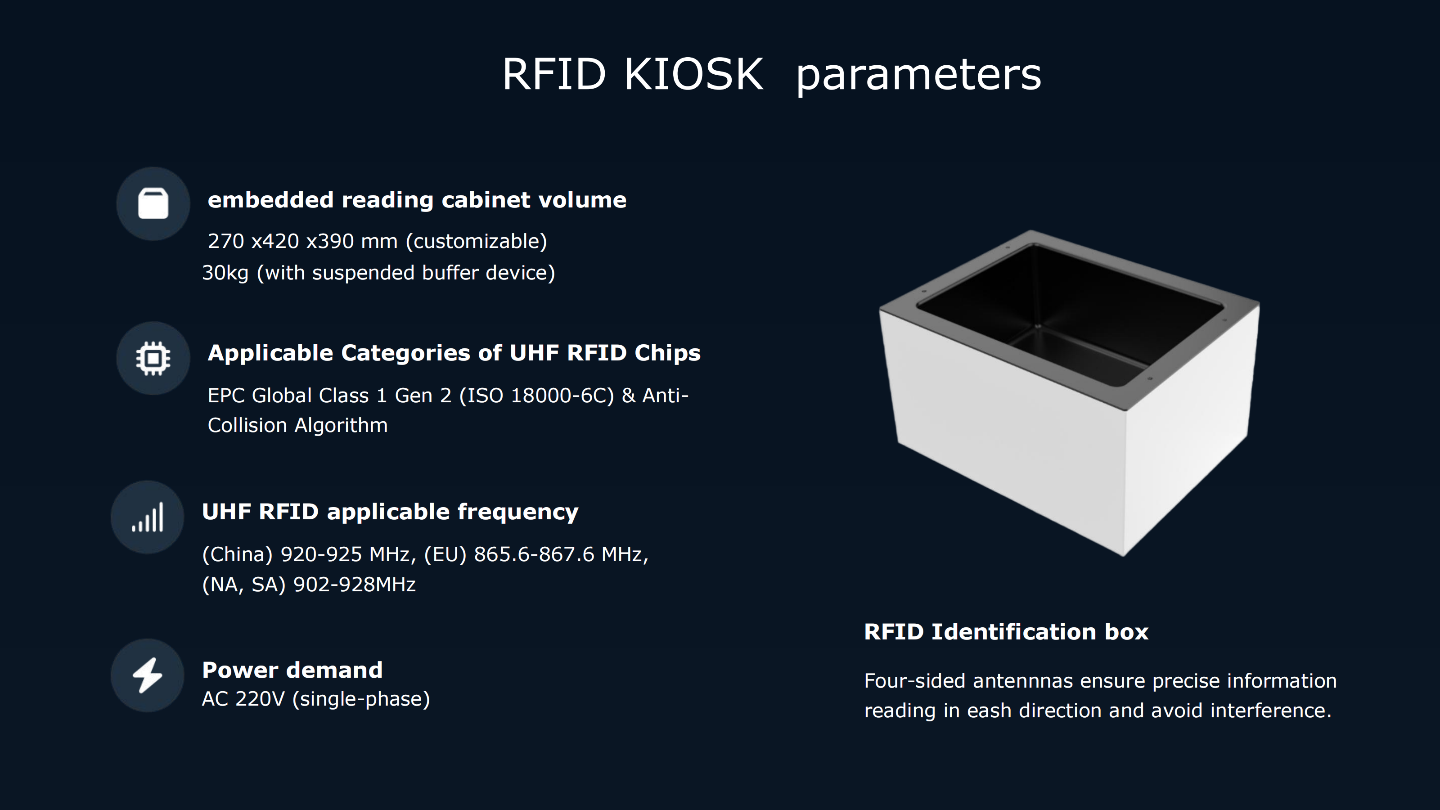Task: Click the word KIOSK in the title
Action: [x=693, y=74]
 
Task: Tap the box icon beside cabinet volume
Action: [x=153, y=203]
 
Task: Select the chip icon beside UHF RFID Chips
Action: [x=153, y=358]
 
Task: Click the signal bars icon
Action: [x=148, y=517]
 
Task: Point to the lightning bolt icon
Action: [x=148, y=675]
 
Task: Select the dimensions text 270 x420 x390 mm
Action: [x=302, y=241]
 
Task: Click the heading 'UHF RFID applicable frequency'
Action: [x=390, y=512]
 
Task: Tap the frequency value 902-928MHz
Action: [x=355, y=585]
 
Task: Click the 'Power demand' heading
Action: [x=292, y=670]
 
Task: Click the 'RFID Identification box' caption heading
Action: [x=1006, y=632]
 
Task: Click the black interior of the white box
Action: [x=1071, y=307]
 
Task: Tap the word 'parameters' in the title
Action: [x=918, y=76]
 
